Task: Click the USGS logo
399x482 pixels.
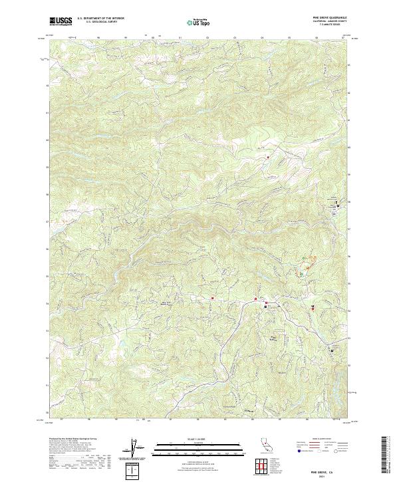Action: tap(61, 21)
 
